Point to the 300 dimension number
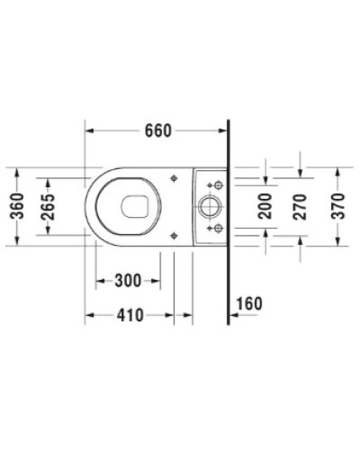click(129, 282)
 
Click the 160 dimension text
click(248, 302)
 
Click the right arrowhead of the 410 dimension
click(190, 316)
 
